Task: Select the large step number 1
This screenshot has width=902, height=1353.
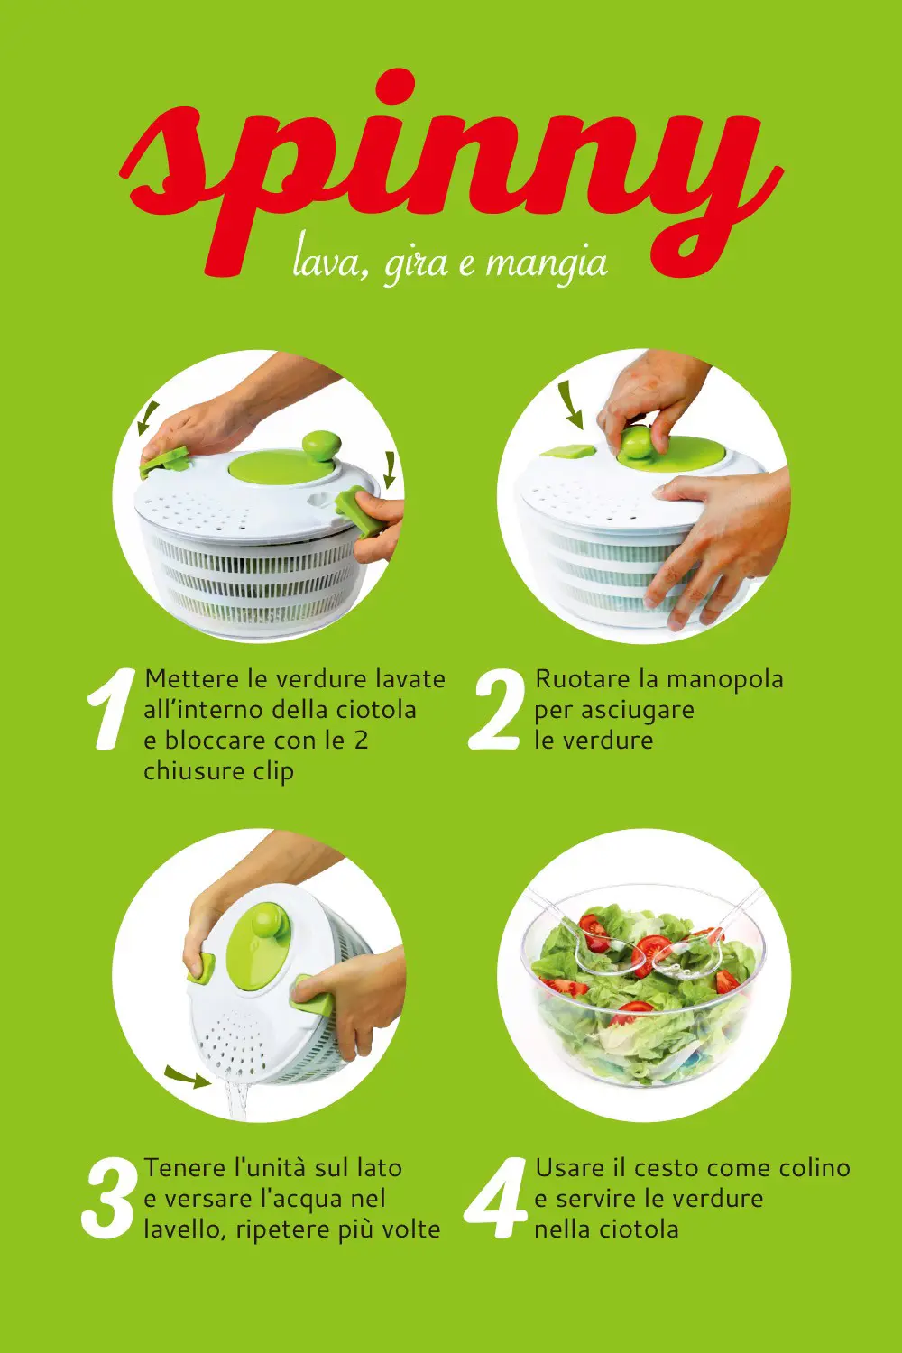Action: point(111,710)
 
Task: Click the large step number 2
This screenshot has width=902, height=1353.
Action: point(494,710)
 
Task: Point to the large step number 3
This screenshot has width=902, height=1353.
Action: point(107,1199)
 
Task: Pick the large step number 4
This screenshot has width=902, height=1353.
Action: point(495,1199)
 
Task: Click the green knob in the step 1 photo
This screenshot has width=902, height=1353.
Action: point(321,447)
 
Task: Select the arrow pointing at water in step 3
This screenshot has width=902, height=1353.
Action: point(188,1078)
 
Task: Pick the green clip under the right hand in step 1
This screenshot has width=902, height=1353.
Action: point(360,512)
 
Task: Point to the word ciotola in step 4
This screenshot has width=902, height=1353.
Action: point(639,1229)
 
